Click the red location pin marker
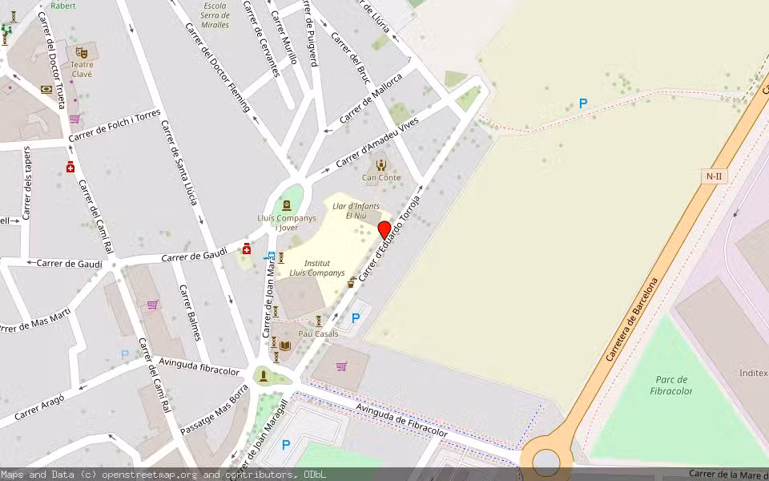tap(384, 230)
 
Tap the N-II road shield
tap(715, 176)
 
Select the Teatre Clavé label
tap(82, 69)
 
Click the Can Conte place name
tap(381, 178)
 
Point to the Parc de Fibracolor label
tap(672, 386)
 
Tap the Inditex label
tap(753, 373)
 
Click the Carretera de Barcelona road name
tap(633, 319)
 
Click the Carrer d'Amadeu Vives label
tap(377, 143)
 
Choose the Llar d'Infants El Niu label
tap(356, 211)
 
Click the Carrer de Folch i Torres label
tap(115, 126)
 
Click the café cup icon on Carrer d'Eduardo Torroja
tap(352, 282)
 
